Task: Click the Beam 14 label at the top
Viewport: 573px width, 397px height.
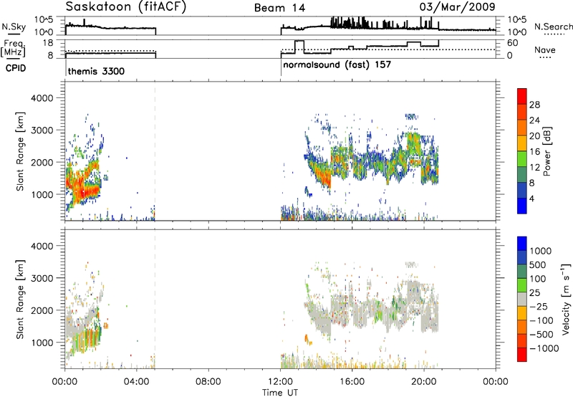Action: (279, 8)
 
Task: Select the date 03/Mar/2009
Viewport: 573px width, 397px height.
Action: (457, 7)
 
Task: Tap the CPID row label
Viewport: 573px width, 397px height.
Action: (16, 68)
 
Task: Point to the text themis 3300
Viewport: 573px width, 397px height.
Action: (96, 71)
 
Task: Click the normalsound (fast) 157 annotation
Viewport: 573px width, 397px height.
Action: (337, 65)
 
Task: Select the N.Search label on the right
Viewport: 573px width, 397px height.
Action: (553, 27)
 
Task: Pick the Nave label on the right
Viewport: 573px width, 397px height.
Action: (545, 49)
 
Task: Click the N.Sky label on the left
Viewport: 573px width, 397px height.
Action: (14, 27)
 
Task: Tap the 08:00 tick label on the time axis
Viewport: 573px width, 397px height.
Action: (208, 382)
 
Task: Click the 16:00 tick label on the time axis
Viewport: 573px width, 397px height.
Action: (352, 382)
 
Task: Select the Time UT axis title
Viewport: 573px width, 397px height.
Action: (280, 393)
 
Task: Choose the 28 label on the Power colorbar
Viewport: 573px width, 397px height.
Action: (534, 105)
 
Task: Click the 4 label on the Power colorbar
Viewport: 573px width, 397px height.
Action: (531, 198)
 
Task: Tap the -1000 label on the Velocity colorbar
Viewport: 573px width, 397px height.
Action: (544, 348)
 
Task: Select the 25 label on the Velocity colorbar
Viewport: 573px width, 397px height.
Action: (534, 293)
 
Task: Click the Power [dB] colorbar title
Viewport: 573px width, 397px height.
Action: (547, 151)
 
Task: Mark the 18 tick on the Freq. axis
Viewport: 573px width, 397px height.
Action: (48, 43)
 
